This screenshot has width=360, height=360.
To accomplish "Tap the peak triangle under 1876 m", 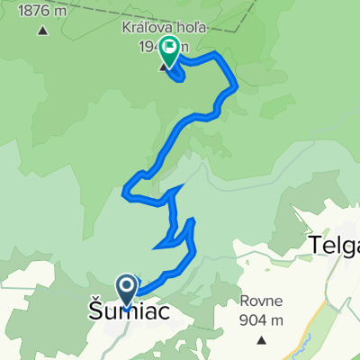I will point(43,31).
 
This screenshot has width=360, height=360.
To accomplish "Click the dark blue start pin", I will point(127,290).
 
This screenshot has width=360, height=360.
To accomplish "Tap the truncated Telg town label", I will point(333,244).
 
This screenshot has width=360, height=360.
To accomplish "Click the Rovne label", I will point(262,302).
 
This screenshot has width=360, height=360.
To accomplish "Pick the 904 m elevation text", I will point(262,320).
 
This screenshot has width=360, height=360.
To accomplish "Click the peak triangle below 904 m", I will point(262,340).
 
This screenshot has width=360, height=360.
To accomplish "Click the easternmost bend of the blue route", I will point(236,86).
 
